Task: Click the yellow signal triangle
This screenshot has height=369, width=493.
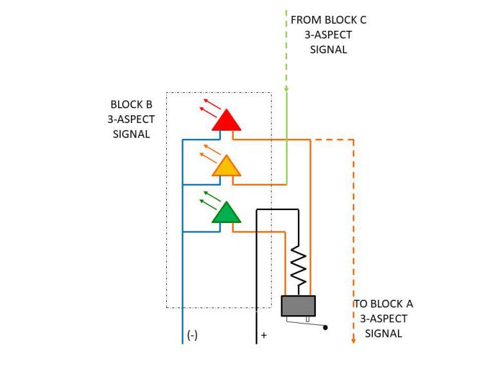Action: tap(226, 167)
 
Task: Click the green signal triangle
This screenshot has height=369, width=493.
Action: tap(226, 213)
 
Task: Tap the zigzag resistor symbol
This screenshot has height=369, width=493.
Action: tap(298, 266)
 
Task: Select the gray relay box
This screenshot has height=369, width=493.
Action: tap(298, 306)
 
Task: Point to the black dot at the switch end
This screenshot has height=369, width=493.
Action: tap(325, 328)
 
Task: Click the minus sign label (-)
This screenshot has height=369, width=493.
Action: tap(192, 335)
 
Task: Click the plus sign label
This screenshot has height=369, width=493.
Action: tap(264, 335)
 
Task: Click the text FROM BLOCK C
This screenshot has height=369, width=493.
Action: tap(329, 20)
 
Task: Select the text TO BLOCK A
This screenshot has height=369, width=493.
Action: tap(383, 304)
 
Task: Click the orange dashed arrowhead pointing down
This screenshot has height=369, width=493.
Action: tap(353, 340)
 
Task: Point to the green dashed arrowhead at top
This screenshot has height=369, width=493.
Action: tap(286, 89)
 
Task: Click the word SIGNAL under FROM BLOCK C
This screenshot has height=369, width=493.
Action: tap(329, 49)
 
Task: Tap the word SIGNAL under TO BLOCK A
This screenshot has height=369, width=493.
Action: tap(383, 333)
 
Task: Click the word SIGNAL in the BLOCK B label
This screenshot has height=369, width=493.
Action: tap(131, 134)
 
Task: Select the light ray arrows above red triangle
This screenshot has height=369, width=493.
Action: tap(210, 108)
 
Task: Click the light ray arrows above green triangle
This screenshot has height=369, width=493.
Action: tap(210, 199)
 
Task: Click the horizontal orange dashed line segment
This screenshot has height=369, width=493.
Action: tap(332, 139)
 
